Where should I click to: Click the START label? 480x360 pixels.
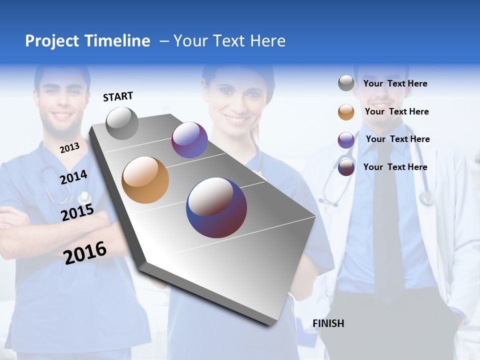pos(118,96)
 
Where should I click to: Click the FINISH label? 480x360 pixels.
pos(328,323)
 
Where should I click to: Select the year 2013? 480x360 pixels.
pos(69,148)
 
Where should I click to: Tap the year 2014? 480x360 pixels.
pos(73,177)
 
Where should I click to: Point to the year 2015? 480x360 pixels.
pos(77,212)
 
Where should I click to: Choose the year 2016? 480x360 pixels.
pos(85,253)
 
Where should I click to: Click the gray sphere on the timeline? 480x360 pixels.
pos(122,123)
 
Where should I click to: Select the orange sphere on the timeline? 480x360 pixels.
pos(145,180)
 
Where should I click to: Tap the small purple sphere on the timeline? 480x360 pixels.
pos(189,140)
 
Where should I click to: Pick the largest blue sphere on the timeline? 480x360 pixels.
pos(216,207)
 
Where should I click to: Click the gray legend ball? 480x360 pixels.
pos(346,83)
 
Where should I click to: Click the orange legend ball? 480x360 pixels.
pos(346,112)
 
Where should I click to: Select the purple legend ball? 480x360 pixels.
pos(346,140)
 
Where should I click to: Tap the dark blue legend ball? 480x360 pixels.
pos(346,167)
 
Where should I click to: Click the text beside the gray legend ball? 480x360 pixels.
pos(395,83)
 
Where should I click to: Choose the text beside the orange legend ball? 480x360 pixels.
pos(396,111)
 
